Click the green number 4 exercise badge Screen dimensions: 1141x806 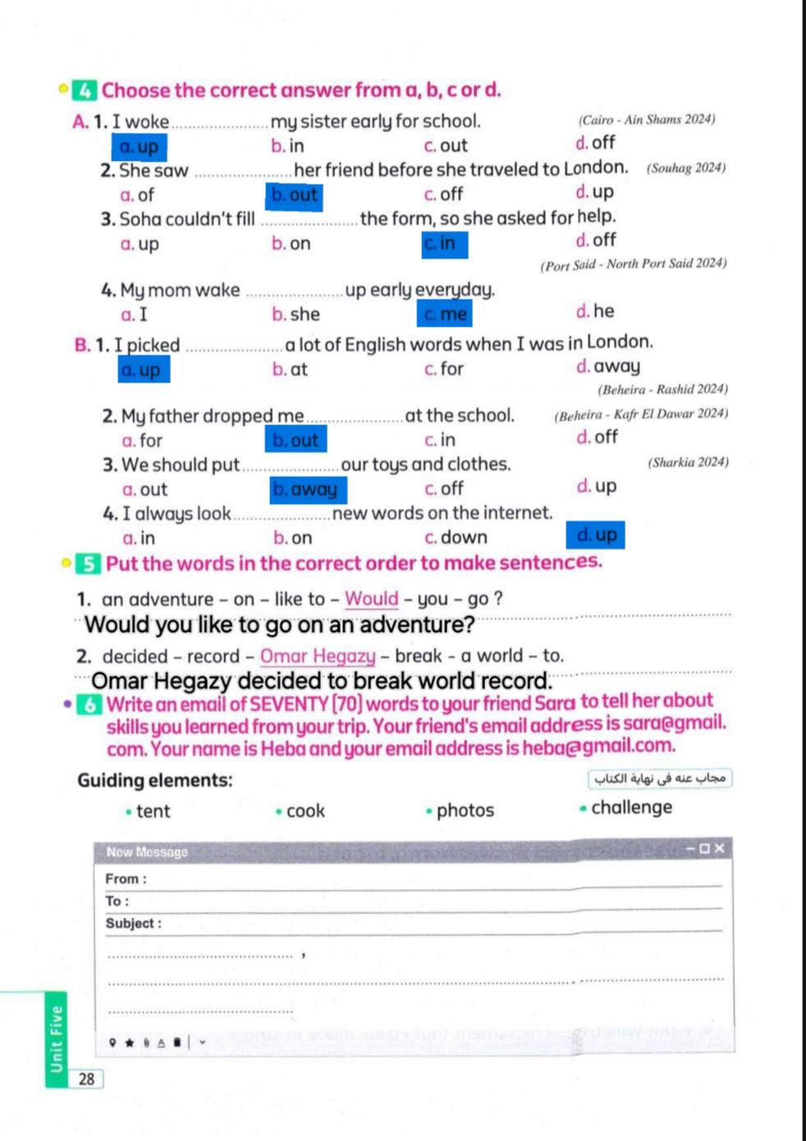[84, 90]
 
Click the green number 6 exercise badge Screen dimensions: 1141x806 [89, 704]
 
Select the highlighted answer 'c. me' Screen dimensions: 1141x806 [445, 314]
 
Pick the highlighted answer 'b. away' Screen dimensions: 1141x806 [309, 489]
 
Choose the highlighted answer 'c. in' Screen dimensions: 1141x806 [444, 244]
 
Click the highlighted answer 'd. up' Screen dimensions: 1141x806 [595, 535]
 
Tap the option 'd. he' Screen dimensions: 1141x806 [595, 311]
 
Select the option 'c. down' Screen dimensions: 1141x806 [456, 538]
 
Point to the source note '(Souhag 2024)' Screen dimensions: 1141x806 [685, 168]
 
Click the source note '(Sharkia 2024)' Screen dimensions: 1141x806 [688, 462]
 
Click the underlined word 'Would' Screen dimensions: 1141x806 [371, 599]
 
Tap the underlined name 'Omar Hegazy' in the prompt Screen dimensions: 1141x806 [318, 657]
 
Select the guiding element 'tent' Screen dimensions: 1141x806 [153, 812]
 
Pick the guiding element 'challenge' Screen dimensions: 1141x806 [631, 808]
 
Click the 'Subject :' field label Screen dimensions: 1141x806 [133, 923]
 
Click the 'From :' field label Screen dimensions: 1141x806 [126, 879]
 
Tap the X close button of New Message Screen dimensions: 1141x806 [720, 849]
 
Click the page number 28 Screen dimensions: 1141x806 [87, 1079]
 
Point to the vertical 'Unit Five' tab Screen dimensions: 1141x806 [56, 1039]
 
